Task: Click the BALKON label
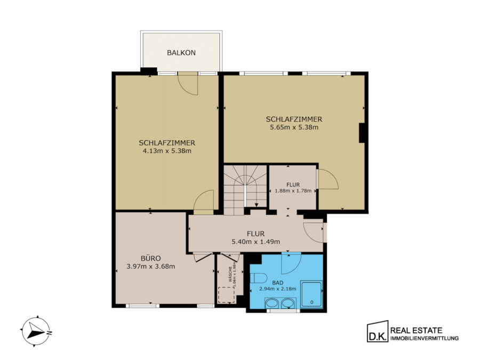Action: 181,53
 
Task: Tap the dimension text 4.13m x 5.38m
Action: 167,151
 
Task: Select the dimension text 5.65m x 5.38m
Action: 294,127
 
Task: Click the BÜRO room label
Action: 151,258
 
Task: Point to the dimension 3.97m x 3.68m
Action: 151,267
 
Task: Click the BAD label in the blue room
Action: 278,283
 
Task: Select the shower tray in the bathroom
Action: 311,294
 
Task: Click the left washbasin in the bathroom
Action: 271,303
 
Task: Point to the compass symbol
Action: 36,331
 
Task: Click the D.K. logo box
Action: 378,332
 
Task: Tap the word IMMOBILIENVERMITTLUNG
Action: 425,338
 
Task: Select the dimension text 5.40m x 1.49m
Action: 256,242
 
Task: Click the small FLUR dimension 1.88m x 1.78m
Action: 293,191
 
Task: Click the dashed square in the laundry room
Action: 227,295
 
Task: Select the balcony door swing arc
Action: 189,89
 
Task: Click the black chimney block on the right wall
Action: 362,133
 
